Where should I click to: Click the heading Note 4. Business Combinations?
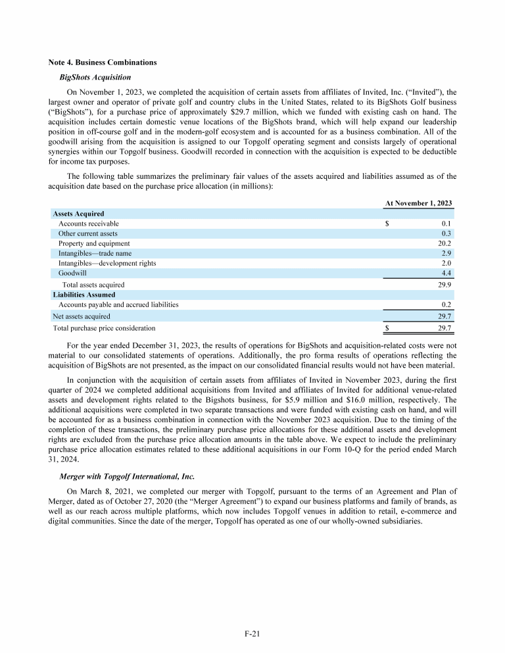coord(103,62)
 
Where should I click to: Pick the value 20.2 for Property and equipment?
coord(444,243)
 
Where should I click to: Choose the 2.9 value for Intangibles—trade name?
coord(446,253)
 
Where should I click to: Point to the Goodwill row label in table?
coord(72,273)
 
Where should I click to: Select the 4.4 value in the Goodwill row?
coord(446,273)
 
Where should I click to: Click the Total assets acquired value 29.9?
coord(444,285)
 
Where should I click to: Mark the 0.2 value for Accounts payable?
coord(446,304)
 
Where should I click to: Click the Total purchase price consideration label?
coord(104,327)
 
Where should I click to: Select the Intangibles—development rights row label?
coord(107,263)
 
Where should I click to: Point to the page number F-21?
coord(252,634)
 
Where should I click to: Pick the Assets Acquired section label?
coord(78,214)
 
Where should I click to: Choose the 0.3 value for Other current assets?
coord(446,233)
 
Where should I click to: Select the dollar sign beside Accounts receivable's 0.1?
coord(387,224)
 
